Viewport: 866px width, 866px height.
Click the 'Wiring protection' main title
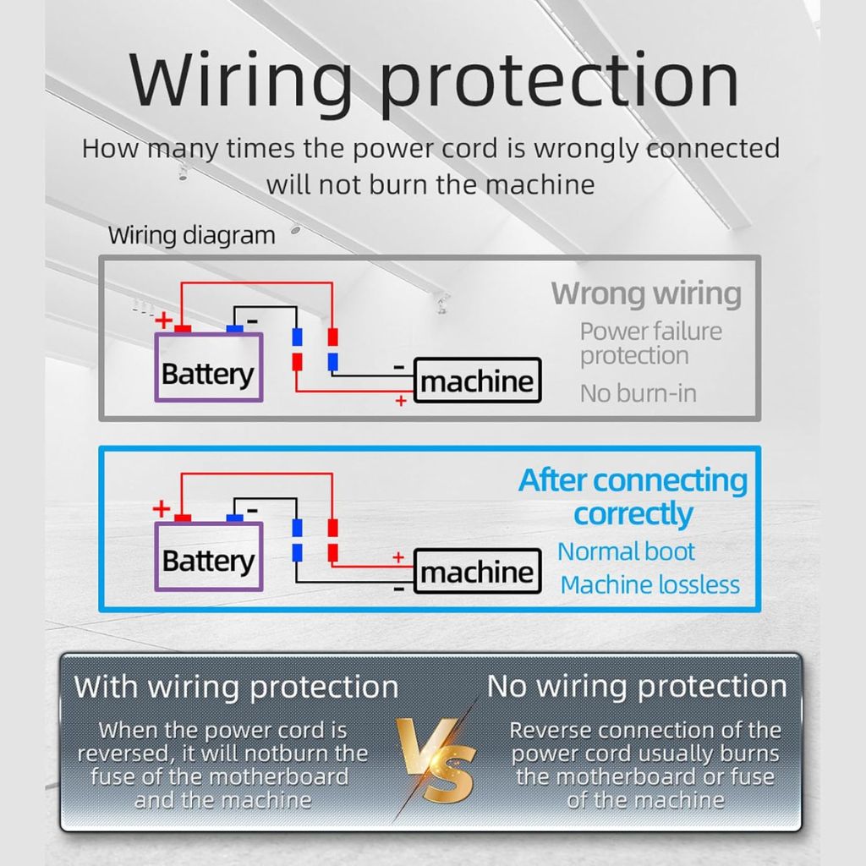pyautogui.click(x=434, y=81)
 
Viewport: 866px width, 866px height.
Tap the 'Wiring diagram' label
pyautogui.click(x=192, y=236)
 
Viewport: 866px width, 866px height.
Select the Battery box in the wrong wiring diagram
pyautogui.click(x=209, y=367)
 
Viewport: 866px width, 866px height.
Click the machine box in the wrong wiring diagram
pyautogui.click(x=477, y=381)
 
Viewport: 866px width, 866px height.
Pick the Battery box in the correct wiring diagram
pyautogui.click(x=209, y=556)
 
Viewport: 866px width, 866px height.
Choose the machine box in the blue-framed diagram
pyautogui.click(x=477, y=571)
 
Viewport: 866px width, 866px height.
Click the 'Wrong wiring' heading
pyautogui.click(x=646, y=293)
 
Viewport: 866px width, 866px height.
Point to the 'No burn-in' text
pyautogui.click(x=638, y=394)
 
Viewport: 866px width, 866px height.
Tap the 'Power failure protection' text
pyautogui.click(x=650, y=343)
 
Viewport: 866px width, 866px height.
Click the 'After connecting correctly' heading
pyautogui.click(x=633, y=497)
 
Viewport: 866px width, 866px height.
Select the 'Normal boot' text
pyautogui.click(x=626, y=551)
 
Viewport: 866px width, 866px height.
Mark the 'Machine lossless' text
pyautogui.click(x=650, y=585)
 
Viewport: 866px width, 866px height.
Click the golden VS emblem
pyautogui.click(x=436, y=760)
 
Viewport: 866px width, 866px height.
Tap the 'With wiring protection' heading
pyautogui.click(x=237, y=688)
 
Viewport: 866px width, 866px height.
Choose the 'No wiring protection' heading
pyautogui.click(x=637, y=687)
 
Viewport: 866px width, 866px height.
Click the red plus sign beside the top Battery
pyautogui.click(x=163, y=320)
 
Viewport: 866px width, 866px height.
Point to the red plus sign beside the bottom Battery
pyautogui.click(x=162, y=508)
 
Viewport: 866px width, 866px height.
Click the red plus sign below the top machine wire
pyautogui.click(x=401, y=401)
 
